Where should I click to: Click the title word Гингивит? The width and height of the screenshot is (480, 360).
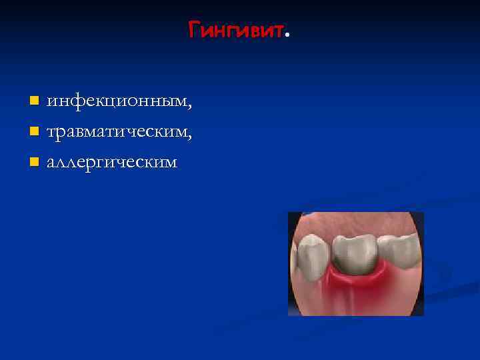(x=237, y=30)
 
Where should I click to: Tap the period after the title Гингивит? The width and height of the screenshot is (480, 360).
(x=287, y=35)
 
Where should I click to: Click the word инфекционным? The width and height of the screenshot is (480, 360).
(x=117, y=102)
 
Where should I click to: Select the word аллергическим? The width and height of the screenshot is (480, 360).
(x=111, y=162)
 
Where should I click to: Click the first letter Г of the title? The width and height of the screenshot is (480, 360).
(x=193, y=30)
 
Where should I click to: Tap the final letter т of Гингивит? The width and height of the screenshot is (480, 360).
(x=279, y=31)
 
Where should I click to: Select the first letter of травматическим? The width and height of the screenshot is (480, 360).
(x=51, y=133)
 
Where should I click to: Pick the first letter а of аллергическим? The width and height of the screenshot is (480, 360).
(x=51, y=163)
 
